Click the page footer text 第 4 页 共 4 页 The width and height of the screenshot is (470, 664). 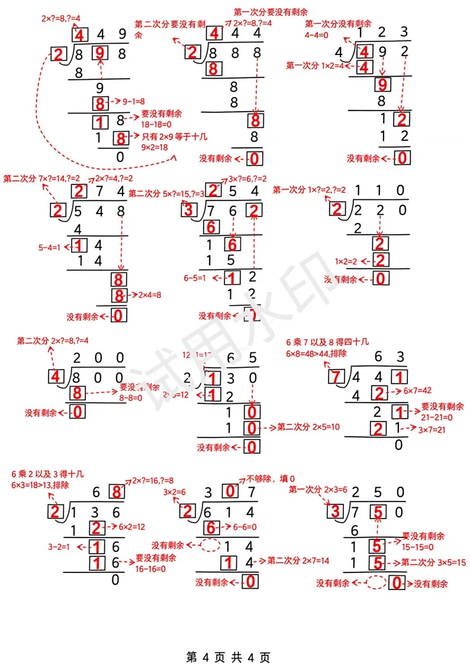[x=228, y=640]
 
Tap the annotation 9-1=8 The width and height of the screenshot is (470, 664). [x=135, y=101]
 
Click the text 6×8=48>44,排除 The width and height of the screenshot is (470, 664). [x=316, y=353]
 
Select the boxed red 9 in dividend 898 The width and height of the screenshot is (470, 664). [x=100, y=54]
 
